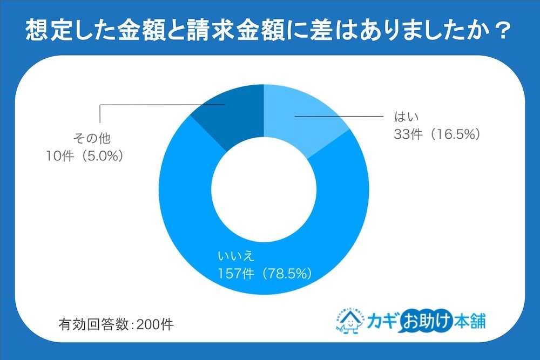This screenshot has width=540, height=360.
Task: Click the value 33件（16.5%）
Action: pos(436,134)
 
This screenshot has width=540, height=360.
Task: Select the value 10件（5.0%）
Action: pos(86,157)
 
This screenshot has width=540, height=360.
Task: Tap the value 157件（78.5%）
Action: pos(264,274)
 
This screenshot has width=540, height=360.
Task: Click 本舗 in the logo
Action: pos(468,322)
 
